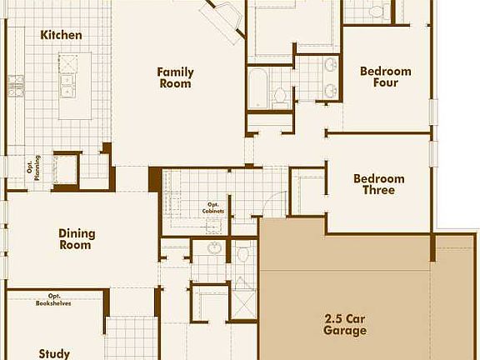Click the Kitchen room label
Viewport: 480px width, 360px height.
[62, 35]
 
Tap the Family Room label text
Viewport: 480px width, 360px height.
[175, 77]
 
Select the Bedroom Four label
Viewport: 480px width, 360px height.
[385, 77]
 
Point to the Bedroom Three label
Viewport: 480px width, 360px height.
[378, 184]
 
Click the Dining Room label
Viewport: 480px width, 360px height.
[77, 239]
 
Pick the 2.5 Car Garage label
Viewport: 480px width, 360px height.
[345, 324]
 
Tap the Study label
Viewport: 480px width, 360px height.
[54, 353]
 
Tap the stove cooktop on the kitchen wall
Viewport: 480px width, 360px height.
[15, 81]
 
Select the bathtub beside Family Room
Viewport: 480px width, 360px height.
[257, 88]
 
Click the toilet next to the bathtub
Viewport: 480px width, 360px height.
[280, 94]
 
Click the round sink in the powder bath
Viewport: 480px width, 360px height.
[214, 248]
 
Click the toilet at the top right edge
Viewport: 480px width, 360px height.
[375, 12]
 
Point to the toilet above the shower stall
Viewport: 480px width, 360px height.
[242, 252]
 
